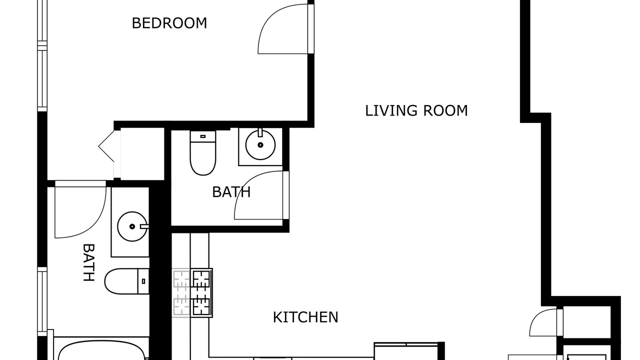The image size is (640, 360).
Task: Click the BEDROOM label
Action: click(169, 23)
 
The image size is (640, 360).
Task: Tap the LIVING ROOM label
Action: click(416, 111)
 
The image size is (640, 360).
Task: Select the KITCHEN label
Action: click(305, 317)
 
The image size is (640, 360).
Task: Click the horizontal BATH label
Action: click(231, 192)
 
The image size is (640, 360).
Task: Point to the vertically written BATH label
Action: click(88, 262)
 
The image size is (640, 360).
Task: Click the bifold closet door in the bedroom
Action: click(106, 146)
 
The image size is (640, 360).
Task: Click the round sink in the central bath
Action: click(260, 144)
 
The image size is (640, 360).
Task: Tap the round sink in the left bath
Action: click(132, 226)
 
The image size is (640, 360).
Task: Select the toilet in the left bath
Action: click(126, 281)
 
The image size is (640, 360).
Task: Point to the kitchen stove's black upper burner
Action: click(201, 279)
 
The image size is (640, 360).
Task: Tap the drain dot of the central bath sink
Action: click(260, 145)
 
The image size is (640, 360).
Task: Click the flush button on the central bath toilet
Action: click(203, 136)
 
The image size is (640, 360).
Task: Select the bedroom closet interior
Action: click(142, 153)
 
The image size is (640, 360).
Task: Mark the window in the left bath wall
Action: click(42, 301)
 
